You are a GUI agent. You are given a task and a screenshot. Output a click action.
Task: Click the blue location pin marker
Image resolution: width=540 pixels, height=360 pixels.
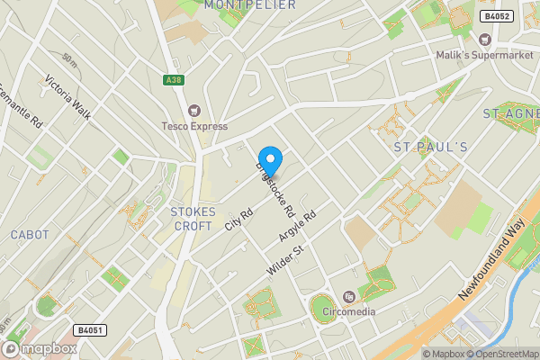270,160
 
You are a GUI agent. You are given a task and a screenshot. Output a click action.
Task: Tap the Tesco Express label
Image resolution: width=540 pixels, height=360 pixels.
194,126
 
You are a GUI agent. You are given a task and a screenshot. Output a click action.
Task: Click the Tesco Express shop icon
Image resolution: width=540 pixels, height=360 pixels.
194,110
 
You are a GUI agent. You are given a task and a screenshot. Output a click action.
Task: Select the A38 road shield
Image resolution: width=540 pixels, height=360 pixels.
174,80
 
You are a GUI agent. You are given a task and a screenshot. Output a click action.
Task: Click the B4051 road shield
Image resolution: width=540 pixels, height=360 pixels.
91,330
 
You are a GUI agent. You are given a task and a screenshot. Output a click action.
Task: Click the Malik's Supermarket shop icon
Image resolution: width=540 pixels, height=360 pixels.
485,39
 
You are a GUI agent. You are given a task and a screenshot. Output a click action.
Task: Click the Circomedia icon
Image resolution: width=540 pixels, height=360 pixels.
350,297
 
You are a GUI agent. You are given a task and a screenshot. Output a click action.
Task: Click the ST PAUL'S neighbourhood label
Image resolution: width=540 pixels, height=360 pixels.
431,146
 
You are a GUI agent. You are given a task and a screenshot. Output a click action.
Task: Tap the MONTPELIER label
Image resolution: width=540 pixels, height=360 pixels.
250,5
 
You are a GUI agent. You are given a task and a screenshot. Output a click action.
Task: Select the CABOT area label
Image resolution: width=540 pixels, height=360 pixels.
30,235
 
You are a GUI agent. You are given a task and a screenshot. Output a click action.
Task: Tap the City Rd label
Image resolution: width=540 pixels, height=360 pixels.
239,219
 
